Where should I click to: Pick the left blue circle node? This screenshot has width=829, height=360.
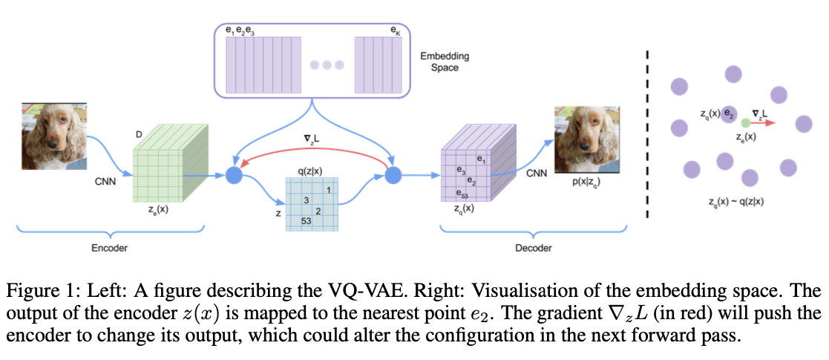[235, 176]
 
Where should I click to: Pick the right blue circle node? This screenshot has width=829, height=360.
[393, 176]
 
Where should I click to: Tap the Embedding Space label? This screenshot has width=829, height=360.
[445, 62]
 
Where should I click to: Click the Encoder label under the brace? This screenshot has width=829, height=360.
[109, 248]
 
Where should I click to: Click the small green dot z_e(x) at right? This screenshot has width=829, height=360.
[745, 122]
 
